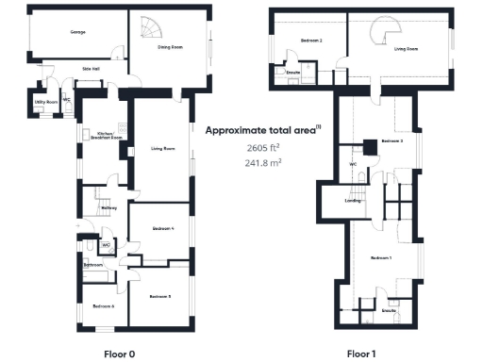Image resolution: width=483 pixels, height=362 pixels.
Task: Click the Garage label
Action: tap(77, 32)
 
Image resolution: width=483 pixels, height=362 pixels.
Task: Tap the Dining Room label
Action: tap(170, 46)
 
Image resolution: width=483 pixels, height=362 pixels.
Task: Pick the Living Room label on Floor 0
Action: tap(163, 149)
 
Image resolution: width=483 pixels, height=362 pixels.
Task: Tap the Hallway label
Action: tap(108, 208)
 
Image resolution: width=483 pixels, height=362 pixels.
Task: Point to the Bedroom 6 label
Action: tap(104, 306)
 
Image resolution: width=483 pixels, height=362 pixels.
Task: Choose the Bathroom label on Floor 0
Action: tap(92, 266)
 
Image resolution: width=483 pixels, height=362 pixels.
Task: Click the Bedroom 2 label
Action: tap(311, 41)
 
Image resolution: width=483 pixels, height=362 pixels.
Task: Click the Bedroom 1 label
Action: tap(380, 257)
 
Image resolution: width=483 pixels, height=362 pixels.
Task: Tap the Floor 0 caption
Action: tap(120, 354)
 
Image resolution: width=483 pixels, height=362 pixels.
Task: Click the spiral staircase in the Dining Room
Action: tap(149, 29)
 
